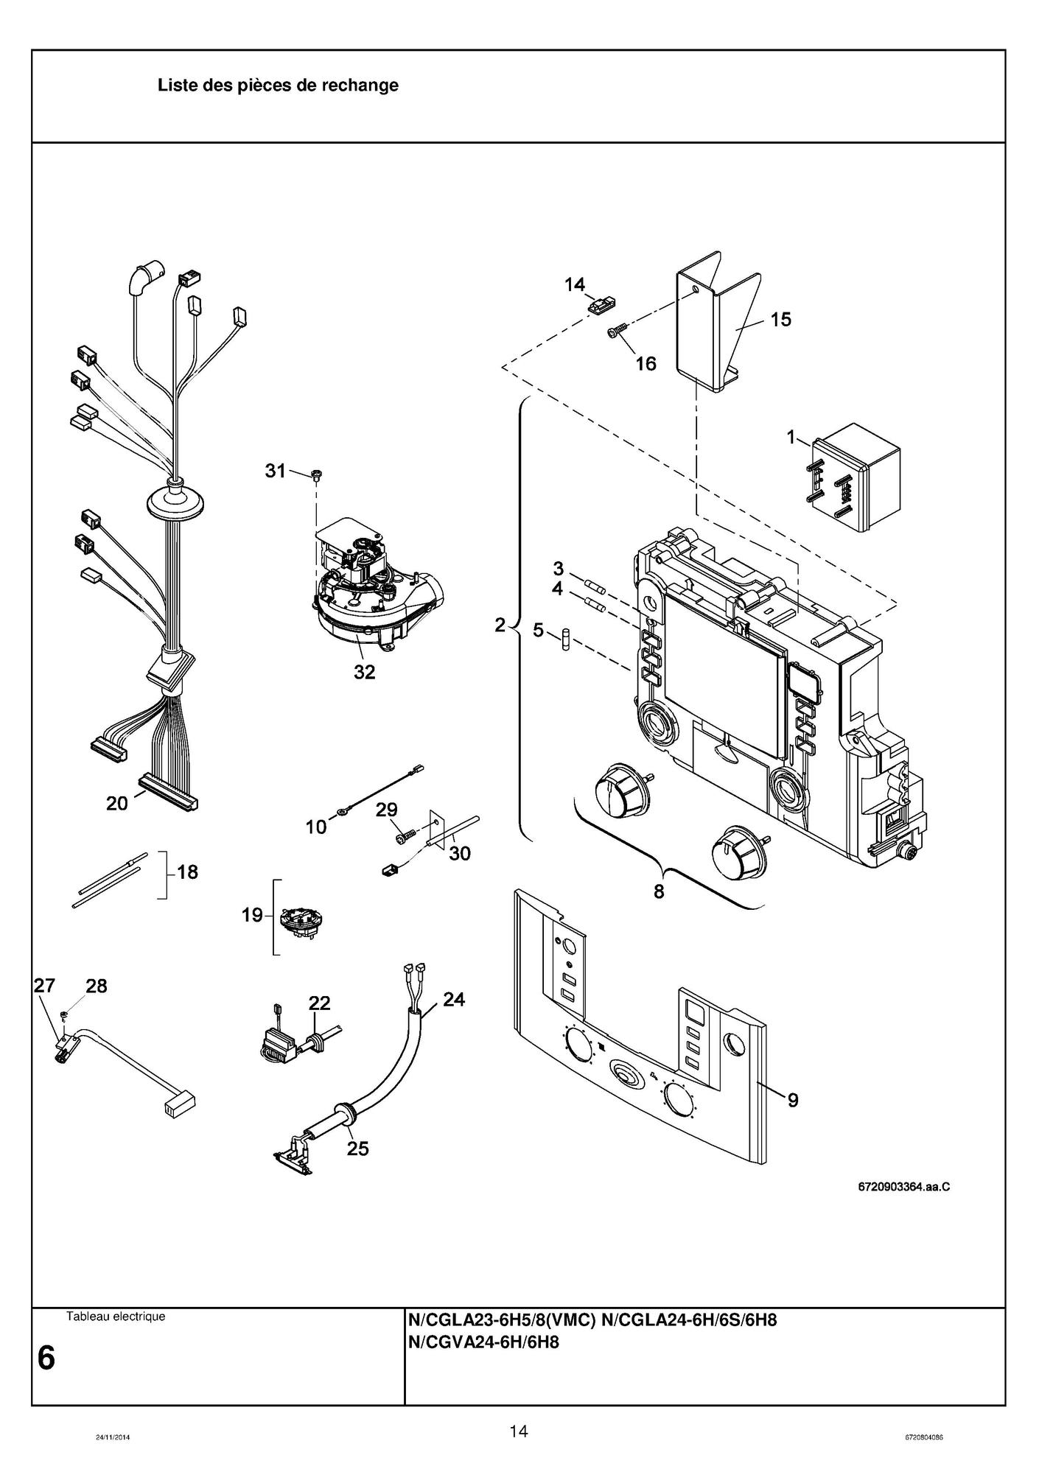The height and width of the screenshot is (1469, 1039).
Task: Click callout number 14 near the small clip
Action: (575, 284)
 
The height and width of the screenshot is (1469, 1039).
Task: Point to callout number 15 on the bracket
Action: (780, 319)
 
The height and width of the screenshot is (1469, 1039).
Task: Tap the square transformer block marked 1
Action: (858, 476)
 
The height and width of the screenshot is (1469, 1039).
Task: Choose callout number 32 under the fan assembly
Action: (364, 672)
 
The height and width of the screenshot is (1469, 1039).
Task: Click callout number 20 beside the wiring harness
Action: (116, 803)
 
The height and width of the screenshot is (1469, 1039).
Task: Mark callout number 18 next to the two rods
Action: (187, 872)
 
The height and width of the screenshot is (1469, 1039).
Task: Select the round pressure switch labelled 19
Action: (302, 921)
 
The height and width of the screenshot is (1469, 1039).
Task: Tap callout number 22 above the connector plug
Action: (319, 1003)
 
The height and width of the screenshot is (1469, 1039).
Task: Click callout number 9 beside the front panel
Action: (793, 1100)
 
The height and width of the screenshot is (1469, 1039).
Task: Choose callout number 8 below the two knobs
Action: (658, 891)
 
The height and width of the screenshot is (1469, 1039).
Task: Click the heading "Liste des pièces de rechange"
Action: (278, 85)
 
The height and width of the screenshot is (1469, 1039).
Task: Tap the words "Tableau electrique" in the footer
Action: (116, 1317)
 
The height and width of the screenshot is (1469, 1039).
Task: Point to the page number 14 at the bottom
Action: (518, 1431)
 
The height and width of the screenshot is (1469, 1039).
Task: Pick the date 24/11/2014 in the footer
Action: (113, 1437)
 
